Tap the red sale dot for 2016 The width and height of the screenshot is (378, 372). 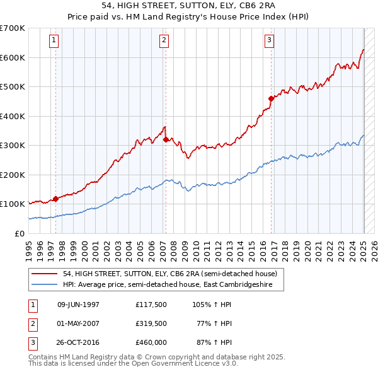[271, 98]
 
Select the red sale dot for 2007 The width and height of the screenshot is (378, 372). [166, 139]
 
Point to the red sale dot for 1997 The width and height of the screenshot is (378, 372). [55, 199]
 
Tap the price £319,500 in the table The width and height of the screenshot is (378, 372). [151, 323]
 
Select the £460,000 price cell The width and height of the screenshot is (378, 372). [151, 342]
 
